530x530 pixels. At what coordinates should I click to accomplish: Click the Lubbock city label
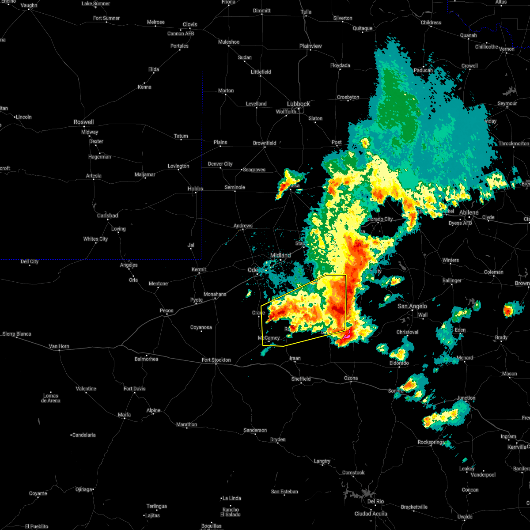click(299, 104)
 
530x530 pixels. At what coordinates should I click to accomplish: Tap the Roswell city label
click(84, 122)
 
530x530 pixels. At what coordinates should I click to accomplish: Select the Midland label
click(280, 255)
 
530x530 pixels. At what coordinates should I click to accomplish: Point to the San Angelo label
click(412, 306)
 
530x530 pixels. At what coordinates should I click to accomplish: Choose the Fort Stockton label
click(216, 360)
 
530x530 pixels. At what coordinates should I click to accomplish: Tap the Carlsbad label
click(107, 216)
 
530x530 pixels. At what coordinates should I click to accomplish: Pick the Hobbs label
click(195, 189)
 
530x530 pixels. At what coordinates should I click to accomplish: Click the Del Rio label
click(375, 501)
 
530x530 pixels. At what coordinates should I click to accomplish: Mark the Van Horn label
click(59, 346)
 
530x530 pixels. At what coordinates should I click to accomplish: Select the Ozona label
click(351, 378)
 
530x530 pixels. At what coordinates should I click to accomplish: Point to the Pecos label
click(167, 310)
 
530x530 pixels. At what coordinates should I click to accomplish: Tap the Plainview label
click(310, 46)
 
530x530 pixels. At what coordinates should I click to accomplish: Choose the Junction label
click(466, 398)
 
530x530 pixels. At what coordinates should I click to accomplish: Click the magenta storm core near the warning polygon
click(346, 336)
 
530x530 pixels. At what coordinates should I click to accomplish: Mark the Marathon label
click(186, 424)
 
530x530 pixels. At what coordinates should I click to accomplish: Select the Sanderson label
click(255, 430)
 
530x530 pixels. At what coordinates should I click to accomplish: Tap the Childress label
click(431, 23)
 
